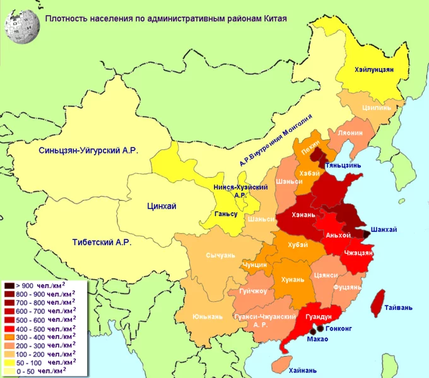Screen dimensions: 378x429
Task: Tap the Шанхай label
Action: (x=384, y=229)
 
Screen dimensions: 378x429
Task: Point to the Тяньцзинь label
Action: (x=343, y=165)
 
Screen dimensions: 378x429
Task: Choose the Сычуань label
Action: (x=220, y=256)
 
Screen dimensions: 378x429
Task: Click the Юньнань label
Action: (x=206, y=315)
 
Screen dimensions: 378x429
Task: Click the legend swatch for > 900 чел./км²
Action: (x=10, y=285)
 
